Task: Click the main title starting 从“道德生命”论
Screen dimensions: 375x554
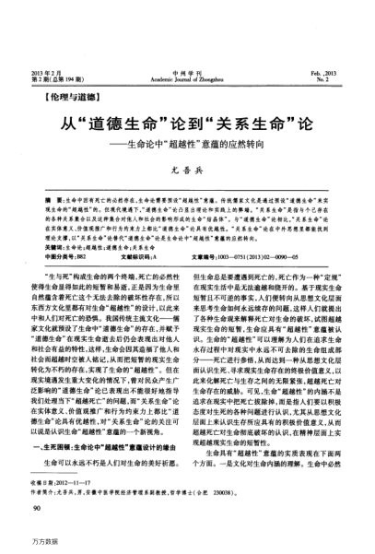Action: pyautogui.click(x=187, y=124)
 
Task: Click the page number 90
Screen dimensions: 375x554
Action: pyautogui.click(x=35, y=509)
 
